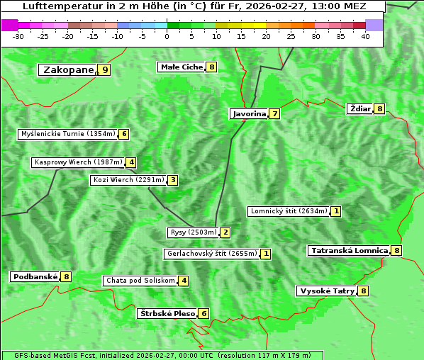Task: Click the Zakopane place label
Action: pos(68,70)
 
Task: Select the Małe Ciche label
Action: pos(182,67)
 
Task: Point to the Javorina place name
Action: pos(249,114)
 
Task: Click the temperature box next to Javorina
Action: pos(274,114)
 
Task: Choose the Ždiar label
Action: pos(360,108)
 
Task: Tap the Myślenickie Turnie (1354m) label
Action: pos(67,134)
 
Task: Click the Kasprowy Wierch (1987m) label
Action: pos(78,162)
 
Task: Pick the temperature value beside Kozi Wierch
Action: pos(172,180)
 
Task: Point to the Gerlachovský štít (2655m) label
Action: pos(211,254)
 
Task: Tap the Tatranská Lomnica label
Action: pos(349,250)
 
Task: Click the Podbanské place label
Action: pos(35,276)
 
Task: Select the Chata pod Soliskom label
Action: pos(140,281)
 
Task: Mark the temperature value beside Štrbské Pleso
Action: pos(203,313)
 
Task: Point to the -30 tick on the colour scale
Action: pos(18,36)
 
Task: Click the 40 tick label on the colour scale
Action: pos(365,36)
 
